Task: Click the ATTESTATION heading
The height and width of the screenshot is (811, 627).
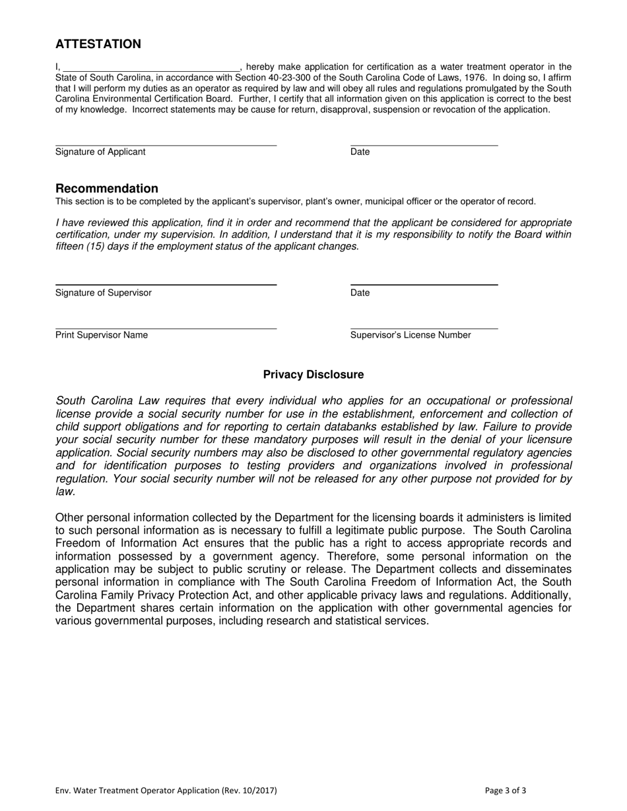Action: pos(98,44)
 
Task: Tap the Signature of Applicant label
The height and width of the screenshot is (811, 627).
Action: pos(100,152)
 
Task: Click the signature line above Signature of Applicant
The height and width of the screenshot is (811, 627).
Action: pos(166,145)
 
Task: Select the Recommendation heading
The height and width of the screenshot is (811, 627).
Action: pos(107,189)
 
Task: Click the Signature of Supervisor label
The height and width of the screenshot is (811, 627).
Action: pos(104,293)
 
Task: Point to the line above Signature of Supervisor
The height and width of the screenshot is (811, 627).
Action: pos(166,285)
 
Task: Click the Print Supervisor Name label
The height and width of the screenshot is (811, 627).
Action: pos(102,335)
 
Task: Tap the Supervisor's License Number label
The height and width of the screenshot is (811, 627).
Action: pos(411,335)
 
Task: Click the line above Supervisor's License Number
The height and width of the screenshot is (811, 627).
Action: pos(424,328)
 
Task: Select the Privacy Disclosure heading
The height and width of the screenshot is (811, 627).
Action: pos(313,375)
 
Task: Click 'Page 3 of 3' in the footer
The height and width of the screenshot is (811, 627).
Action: pos(506,791)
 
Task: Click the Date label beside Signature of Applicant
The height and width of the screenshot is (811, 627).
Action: pos(360,152)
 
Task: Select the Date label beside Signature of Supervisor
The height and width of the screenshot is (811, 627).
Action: pos(360,293)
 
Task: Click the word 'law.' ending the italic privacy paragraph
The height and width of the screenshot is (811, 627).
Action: pos(66,491)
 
